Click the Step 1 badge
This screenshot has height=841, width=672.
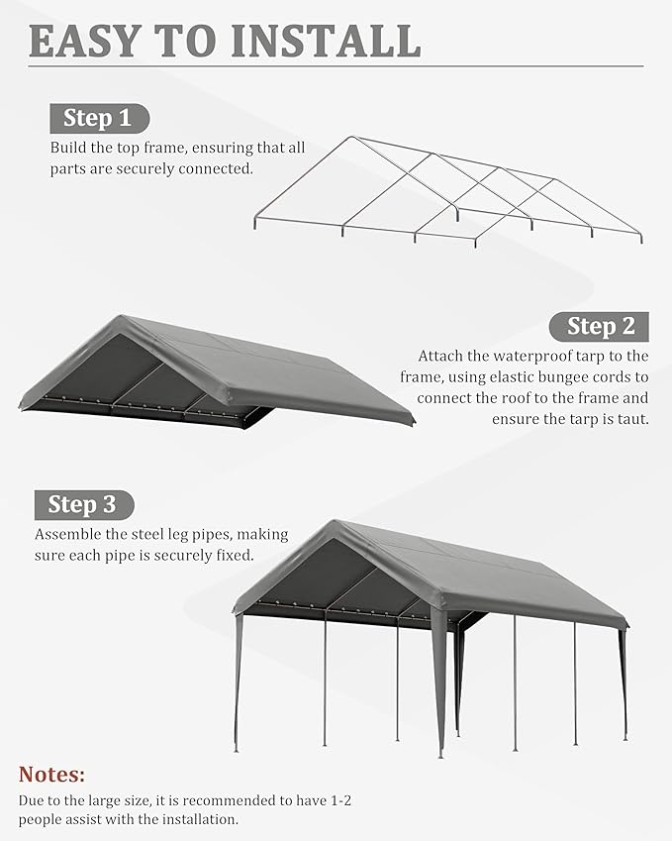[x=99, y=119]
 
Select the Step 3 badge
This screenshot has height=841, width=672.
[x=83, y=504]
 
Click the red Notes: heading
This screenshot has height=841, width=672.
[x=51, y=774]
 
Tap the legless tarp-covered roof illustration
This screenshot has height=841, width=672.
[x=218, y=371]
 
